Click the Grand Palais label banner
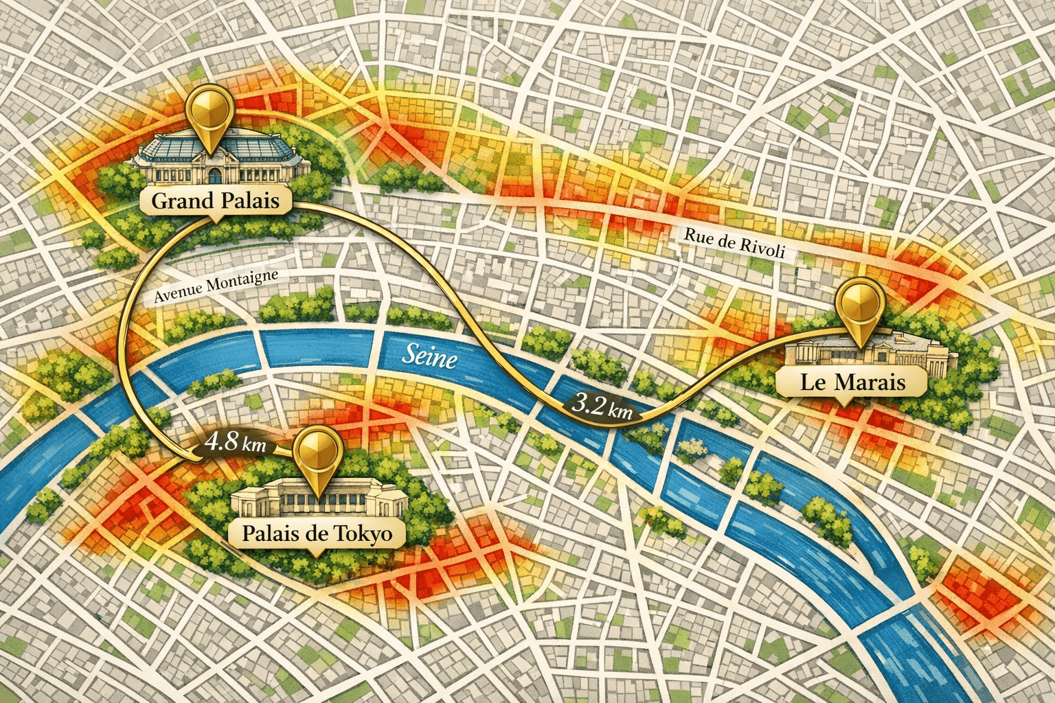tap(216, 201)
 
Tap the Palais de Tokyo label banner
tap(317, 533)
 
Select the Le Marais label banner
tap(852, 382)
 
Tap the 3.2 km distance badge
tap(602, 407)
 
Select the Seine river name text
tap(429, 357)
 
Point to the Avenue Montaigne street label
tap(216, 286)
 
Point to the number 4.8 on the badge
tap(223, 441)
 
